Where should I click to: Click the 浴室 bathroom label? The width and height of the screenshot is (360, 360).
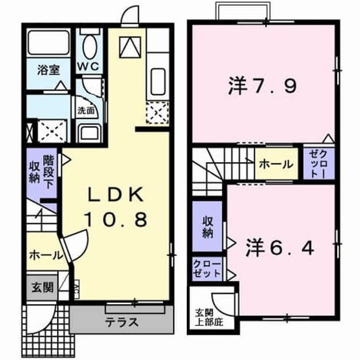[49, 70]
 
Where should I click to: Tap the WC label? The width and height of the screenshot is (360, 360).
[89, 67]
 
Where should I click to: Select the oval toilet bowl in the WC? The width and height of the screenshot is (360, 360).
[89, 47]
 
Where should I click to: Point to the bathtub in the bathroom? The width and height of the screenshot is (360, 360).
[49, 43]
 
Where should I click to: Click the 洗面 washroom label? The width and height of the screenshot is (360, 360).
[86, 111]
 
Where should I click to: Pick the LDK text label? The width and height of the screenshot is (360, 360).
[117, 194]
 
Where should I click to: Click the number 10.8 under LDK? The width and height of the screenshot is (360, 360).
[116, 219]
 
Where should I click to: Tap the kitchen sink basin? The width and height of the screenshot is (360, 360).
[158, 81]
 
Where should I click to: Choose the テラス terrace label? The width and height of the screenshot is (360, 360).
[122, 322]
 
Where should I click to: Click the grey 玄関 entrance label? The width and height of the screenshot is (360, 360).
[42, 287]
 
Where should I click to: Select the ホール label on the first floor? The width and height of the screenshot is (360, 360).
[46, 255]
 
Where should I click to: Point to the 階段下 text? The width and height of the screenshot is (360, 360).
[49, 171]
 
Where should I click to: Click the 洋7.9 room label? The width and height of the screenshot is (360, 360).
[263, 86]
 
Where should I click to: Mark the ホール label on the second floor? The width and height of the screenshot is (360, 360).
[277, 165]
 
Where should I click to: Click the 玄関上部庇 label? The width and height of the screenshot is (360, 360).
[209, 318]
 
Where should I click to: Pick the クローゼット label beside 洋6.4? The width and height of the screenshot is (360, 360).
[207, 269]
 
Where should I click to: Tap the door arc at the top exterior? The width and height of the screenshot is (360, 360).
[127, 12]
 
